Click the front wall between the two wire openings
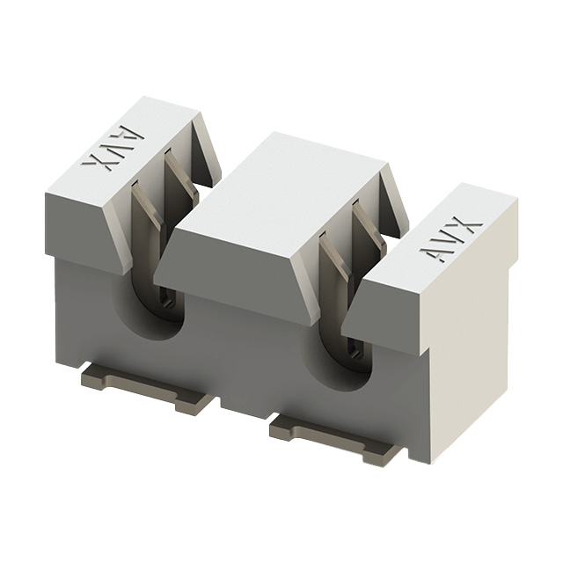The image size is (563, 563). [x=246, y=352]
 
